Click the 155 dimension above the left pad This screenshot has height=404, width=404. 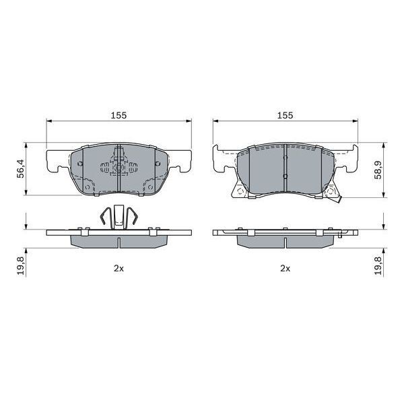(119, 115)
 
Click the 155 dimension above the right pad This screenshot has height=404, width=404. (285, 115)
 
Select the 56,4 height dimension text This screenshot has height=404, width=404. (21, 168)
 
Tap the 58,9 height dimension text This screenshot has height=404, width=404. (378, 170)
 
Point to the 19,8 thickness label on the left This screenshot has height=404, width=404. (21, 266)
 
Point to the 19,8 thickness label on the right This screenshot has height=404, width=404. (378, 266)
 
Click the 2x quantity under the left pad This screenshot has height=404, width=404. (119, 269)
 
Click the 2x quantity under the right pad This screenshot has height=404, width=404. (285, 269)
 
